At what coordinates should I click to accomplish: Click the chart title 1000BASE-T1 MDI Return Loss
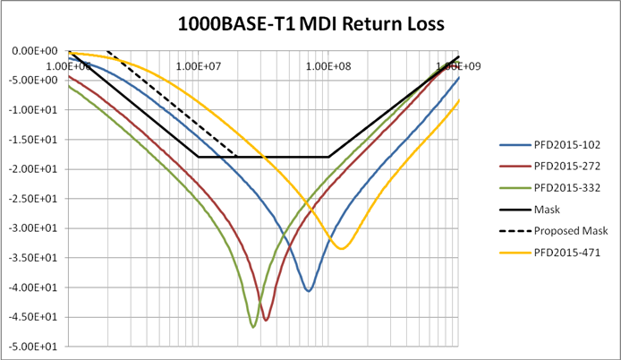pos(310,24)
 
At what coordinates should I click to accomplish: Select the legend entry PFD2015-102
pos(549,145)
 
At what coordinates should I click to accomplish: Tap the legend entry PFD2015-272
pos(549,167)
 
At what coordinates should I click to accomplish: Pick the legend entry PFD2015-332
pos(549,187)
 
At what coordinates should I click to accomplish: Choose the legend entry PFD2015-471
pos(549,253)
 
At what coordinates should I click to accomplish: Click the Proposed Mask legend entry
pos(554,231)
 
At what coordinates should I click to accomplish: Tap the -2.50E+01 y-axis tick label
pos(33,199)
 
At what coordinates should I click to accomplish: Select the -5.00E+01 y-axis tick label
pos(33,347)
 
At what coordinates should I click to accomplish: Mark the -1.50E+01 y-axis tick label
pos(33,140)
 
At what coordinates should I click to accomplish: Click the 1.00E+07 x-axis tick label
pos(198,65)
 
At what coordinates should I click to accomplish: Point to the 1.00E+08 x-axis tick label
pos(328,65)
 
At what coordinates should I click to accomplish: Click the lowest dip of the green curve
pos(253,327)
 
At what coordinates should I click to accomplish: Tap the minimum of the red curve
pos(266,320)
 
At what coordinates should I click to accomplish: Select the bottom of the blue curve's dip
pos(309,291)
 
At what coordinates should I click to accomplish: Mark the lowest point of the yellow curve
pos(342,248)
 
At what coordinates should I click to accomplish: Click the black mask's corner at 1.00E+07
pos(198,157)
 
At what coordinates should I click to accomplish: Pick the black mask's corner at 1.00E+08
pos(328,157)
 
